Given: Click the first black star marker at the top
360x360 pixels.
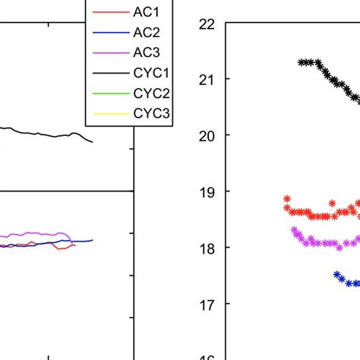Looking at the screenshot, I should coord(301,62).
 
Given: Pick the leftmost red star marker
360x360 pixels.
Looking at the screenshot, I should coord(287,199).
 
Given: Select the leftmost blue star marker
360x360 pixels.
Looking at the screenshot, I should coord(337,275).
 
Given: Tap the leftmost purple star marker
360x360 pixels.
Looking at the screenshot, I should coord(294,229).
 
